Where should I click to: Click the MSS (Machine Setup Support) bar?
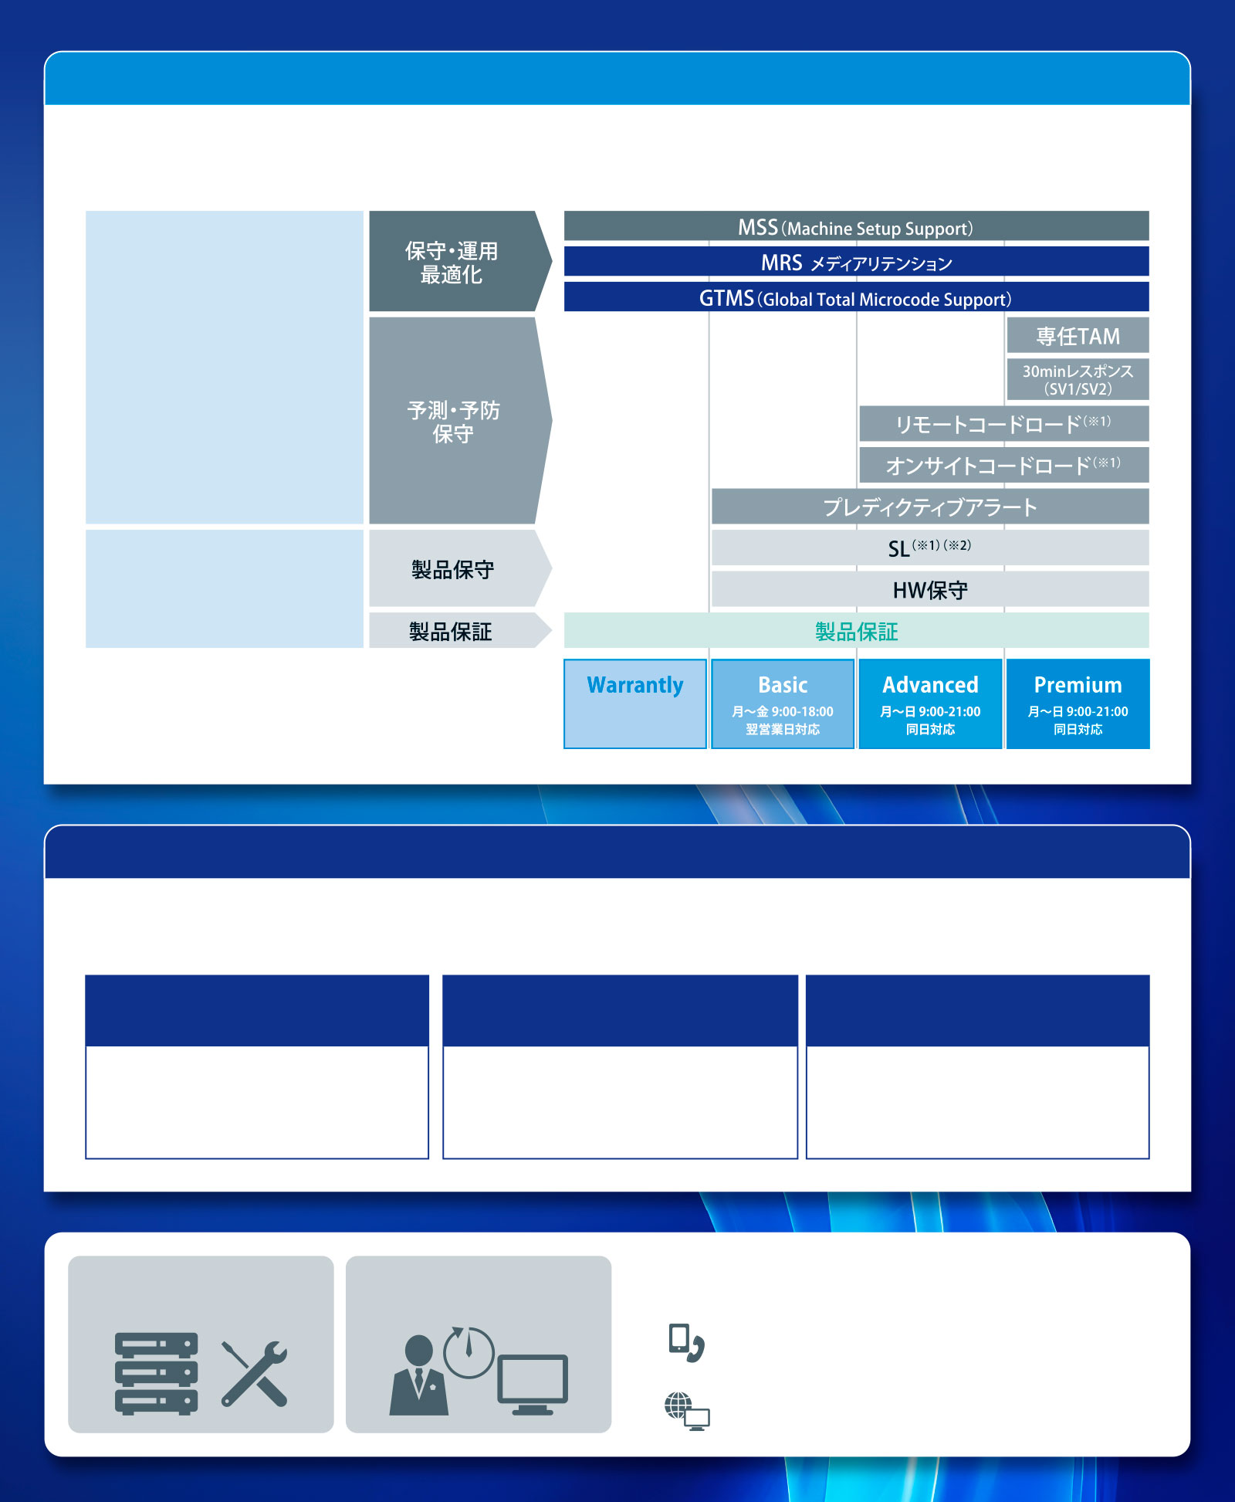856,225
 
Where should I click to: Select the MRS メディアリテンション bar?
856,261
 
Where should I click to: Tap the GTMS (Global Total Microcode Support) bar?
856,297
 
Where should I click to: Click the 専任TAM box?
1078,335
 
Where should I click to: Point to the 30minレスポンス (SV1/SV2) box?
1078,379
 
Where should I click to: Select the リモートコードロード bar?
1004,423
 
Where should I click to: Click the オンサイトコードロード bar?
1004,465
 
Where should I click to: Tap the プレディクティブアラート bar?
930,507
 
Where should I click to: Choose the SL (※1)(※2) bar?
930,548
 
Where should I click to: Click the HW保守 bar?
930,589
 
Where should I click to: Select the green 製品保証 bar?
856,630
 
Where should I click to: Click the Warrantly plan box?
635,704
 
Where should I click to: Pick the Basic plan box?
783,704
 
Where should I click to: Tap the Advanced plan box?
930,704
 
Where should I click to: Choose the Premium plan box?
1078,704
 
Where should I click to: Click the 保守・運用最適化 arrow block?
459,261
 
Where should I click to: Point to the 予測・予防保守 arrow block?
459,421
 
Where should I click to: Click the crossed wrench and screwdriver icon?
255,1374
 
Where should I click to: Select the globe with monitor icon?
687,1411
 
